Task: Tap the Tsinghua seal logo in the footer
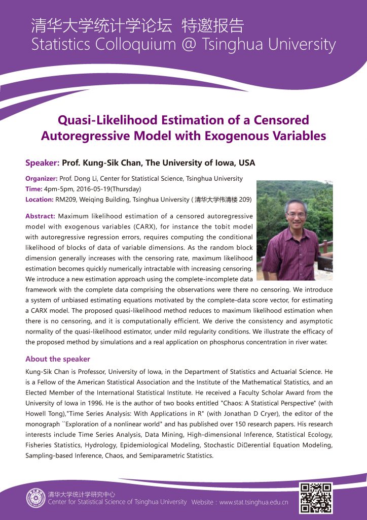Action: (35, 498)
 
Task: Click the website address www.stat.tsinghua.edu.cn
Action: (253, 502)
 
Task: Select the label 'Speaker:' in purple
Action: (42, 163)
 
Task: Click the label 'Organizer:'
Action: (41, 179)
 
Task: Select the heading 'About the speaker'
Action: (58, 359)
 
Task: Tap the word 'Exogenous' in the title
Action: (238, 136)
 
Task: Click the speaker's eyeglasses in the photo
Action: (295, 214)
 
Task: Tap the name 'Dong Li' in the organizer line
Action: (89, 179)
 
